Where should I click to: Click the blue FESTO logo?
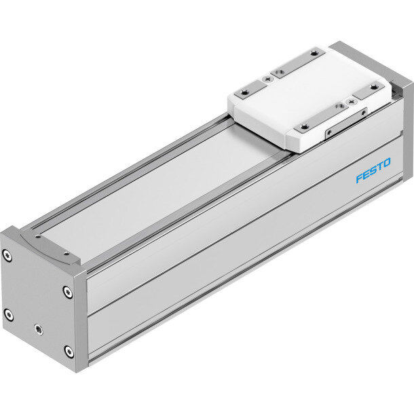[373, 170]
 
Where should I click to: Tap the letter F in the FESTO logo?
[360, 178]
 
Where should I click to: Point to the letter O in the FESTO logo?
[387, 163]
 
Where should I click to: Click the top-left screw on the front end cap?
[7, 256]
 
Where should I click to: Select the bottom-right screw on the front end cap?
[69, 352]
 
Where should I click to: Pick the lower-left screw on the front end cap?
[9, 315]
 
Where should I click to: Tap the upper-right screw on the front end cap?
[68, 292]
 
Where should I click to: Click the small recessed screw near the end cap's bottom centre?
[39, 329]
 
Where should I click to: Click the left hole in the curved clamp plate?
[38, 237]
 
